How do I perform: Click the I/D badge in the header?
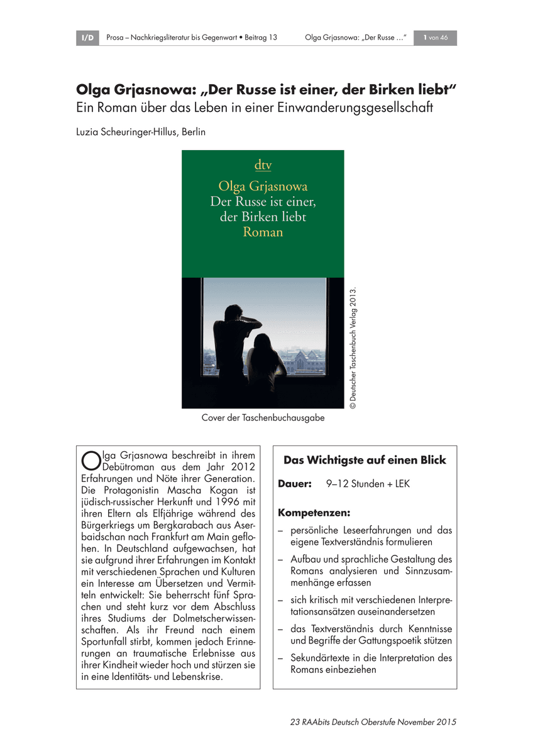pos(87,38)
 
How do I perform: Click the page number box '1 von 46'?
pos(435,38)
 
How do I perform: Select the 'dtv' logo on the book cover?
pos(263,166)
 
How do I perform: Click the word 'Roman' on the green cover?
pos(263,232)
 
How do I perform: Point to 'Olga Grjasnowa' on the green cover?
pos(263,186)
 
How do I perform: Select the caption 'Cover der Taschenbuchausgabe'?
pos(263,418)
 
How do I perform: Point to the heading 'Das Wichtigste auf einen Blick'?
pos(365,460)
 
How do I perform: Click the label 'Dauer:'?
pos(295,484)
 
